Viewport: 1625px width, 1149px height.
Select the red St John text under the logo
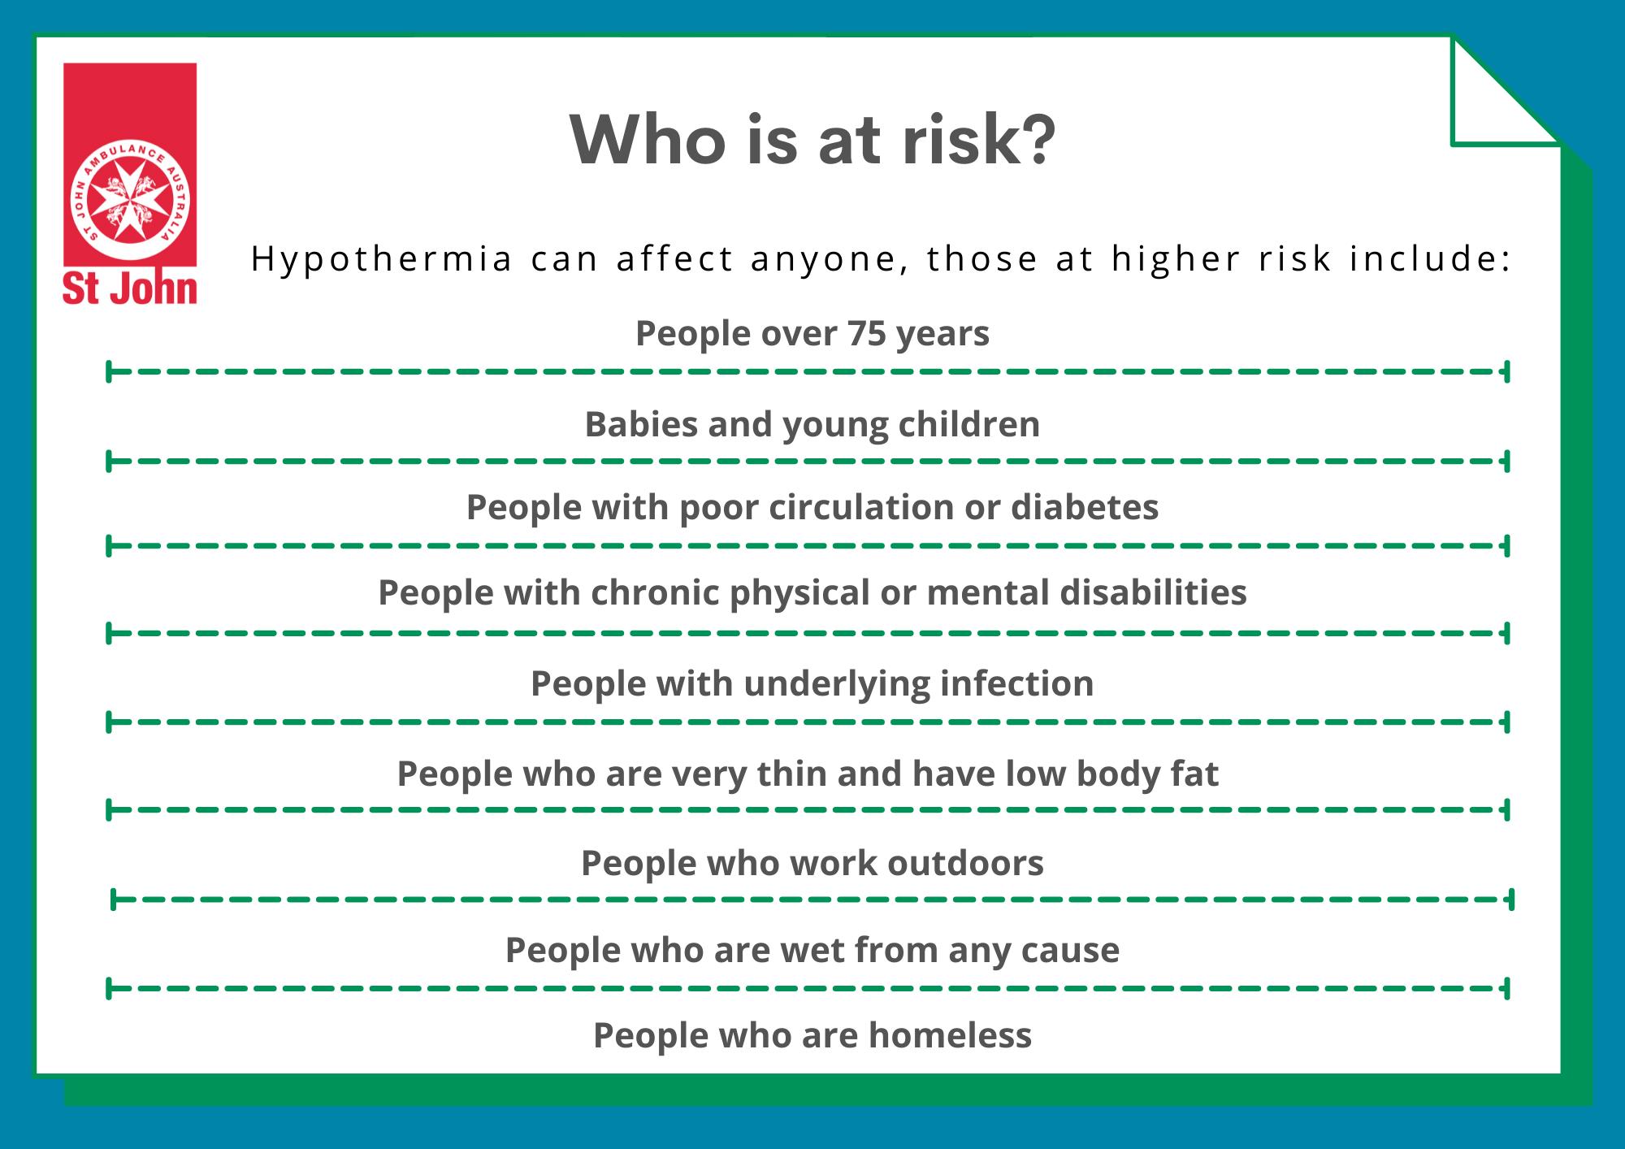point(130,289)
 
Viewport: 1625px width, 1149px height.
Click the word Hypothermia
point(382,259)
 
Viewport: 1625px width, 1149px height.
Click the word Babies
point(641,424)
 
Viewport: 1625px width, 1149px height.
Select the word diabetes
point(1085,507)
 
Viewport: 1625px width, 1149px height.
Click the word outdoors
point(965,863)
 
